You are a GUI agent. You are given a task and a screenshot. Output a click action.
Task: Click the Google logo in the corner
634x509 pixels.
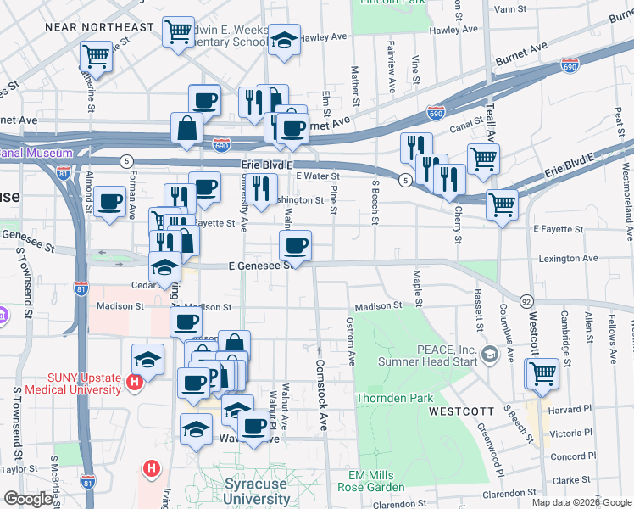pos(28,499)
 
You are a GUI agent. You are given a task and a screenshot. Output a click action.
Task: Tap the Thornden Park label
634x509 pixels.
pos(395,398)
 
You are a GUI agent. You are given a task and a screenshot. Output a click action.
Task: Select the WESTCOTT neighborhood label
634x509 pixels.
pos(461,411)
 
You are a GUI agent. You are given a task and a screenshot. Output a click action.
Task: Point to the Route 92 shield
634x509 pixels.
pos(526,301)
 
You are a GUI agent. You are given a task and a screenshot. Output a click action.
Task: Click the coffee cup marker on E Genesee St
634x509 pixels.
pos(295,248)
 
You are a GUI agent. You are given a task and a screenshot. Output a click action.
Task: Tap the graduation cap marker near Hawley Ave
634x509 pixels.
pos(285,40)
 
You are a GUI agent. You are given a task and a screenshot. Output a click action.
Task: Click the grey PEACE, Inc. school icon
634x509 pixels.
pos(488,353)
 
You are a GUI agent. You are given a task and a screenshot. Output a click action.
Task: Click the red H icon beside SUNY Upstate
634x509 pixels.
pos(133,383)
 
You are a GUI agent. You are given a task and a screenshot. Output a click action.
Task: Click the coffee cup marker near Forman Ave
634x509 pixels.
pos(110,203)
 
